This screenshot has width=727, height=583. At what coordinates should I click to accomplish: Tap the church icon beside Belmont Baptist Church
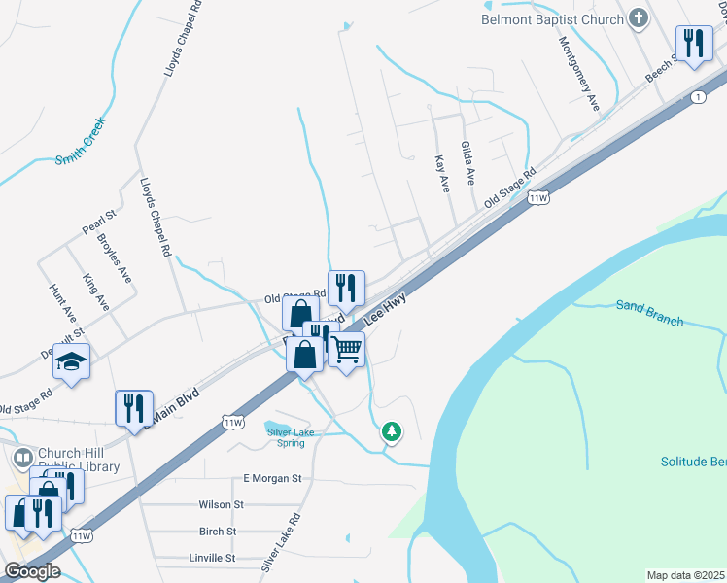pyautogui.click(x=638, y=17)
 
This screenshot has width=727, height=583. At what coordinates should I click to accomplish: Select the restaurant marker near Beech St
pyautogui.click(x=693, y=44)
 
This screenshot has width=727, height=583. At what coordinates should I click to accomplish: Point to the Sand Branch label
pyautogui.click(x=650, y=313)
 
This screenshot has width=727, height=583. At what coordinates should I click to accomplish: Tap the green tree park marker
pyautogui.click(x=391, y=430)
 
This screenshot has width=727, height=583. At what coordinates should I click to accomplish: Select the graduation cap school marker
pyautogui.click(x=71, y=362)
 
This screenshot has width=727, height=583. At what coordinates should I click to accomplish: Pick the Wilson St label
pyautogui.click(x=221, y=505)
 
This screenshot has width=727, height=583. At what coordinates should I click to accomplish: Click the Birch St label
pyautogui.click(x=218, y=532)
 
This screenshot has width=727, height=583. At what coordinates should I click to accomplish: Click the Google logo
pyautogui.click(x=32, y=571)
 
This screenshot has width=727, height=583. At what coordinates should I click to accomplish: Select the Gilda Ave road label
pyautogui.click(x=467, y=162)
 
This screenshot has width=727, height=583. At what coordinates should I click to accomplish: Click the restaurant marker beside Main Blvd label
pyautogui.click(x=134, y=408)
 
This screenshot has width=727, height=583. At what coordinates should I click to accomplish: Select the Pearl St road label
pyautogui.click(x=99, y=222)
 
